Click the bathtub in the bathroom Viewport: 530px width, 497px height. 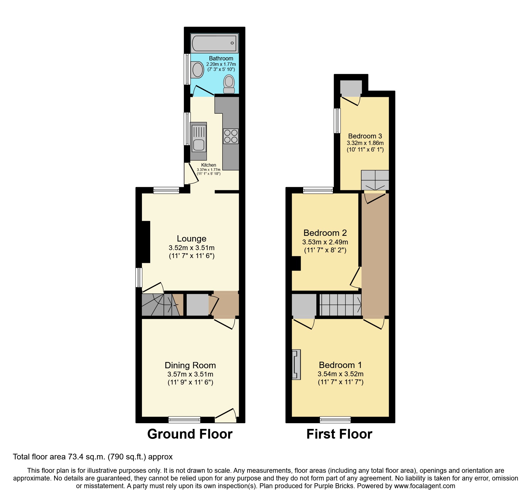pyautogui.click(x=214, y=43)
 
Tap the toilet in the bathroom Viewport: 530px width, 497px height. pyautogui.click(x=229, y=84)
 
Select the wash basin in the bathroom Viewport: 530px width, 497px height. pyautogui.click(x=197, y=70)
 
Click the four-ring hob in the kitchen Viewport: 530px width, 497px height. pyautogui.click(x=231, y=136)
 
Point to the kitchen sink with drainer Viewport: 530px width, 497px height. pyautogui.click(x=198, y=141)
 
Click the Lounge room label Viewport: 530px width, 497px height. pyautogui.click(x=191, y=239)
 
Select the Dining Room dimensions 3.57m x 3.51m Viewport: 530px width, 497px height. pyautogui.click(x=190, y=374)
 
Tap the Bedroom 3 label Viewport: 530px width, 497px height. pyautogui.click(x=365, y=136)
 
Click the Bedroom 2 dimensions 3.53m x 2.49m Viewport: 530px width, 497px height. pyautogui.click(x=325, y=242)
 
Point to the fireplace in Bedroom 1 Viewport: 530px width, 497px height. pyautogui.click(x=296, y=365)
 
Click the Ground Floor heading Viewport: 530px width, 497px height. pyautogui.click(x=190, y=434)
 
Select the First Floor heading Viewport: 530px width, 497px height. pyautogui.click(x=339, y=434)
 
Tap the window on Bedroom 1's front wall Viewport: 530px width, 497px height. pyautogui.click(x=335, y=420)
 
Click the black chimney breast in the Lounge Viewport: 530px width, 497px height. pyautogui.click(x=146, y=242)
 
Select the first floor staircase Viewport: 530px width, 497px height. pyautogui.click(x=340, y=305)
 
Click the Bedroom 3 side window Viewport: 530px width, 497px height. pyautogui.click(x=337, y=121)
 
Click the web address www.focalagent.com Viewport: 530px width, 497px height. pyautogui.click(x=425, y=486)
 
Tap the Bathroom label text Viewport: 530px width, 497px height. pyautogui.click(x=221, y=58)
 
